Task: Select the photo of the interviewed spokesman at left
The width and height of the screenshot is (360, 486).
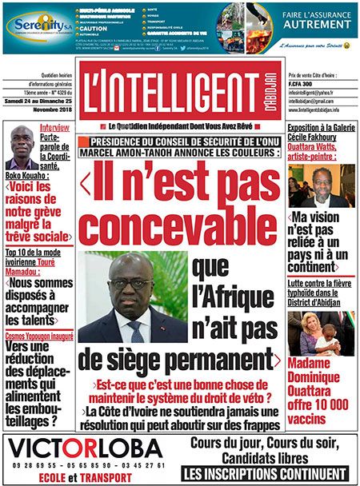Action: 21,147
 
